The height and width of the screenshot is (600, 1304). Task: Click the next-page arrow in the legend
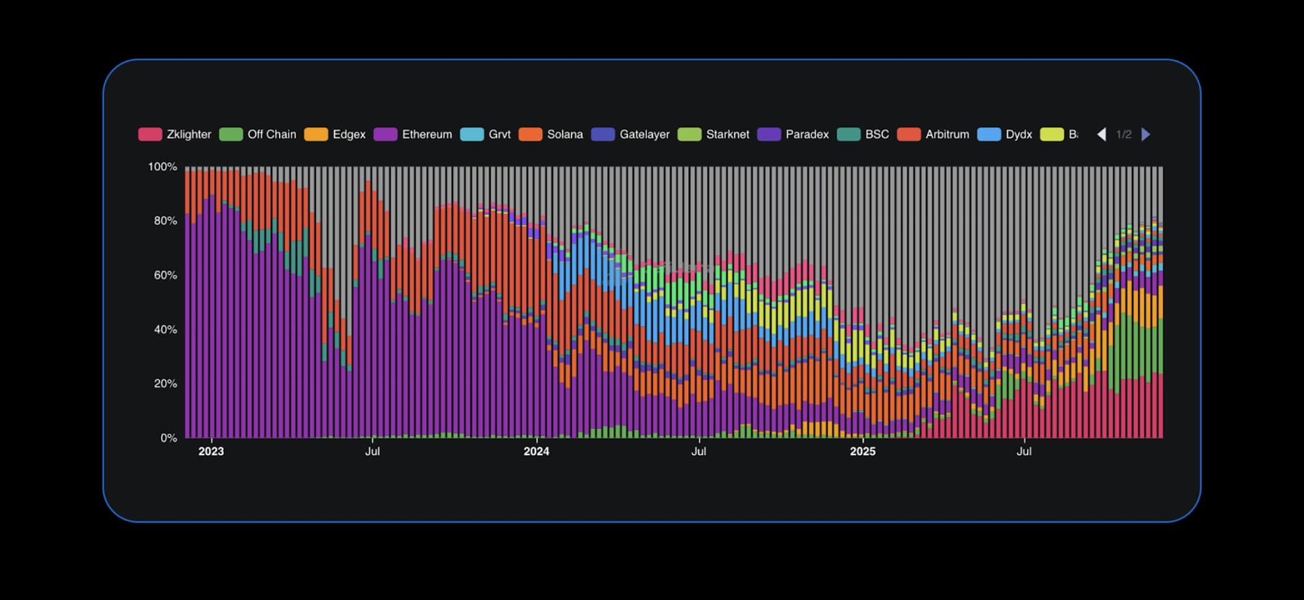pyautogui.click(x=1146, y=134)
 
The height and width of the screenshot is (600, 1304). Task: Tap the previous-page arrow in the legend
pyautogui.click(x=1102, y=134)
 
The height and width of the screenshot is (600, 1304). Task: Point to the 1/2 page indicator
pyautogui.click(x=1124, y=134)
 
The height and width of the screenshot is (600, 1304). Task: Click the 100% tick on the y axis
pyautogui.click(x=162, y=167)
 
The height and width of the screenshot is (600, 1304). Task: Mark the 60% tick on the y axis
pyautogui.click(x=165, y=275)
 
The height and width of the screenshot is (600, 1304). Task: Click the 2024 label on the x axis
pyautogui.click(x=536, y=451)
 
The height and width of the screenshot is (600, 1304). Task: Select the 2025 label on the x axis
pyautogui.click(x=863, y=451)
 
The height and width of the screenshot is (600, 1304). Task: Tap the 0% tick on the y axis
pyautogui.click(x=168, y=438)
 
